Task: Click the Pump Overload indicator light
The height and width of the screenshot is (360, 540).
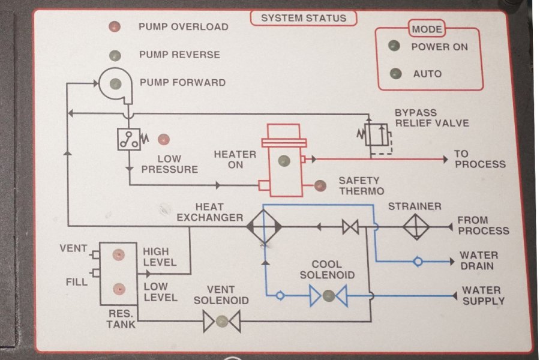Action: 115,26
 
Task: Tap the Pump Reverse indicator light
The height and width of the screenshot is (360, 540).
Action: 115,55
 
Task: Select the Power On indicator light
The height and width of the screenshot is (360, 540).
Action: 394,46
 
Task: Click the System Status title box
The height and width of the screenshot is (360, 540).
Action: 304,18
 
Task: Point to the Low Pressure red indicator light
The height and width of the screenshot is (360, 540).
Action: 163,140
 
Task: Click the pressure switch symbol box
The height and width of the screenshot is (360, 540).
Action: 128,139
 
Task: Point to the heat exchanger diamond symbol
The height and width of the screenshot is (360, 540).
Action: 264,226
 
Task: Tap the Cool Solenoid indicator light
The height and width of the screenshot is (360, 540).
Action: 328,295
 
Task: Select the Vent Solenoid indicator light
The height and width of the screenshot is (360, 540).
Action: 222,321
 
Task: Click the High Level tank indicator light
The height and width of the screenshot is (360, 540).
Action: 119,255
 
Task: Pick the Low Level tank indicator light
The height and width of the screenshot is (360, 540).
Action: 119,289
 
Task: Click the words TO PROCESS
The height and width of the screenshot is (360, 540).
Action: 479,159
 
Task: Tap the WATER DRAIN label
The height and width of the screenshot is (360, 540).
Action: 479,260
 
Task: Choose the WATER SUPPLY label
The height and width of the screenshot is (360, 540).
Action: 482,295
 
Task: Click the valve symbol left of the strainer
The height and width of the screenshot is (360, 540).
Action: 350,227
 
